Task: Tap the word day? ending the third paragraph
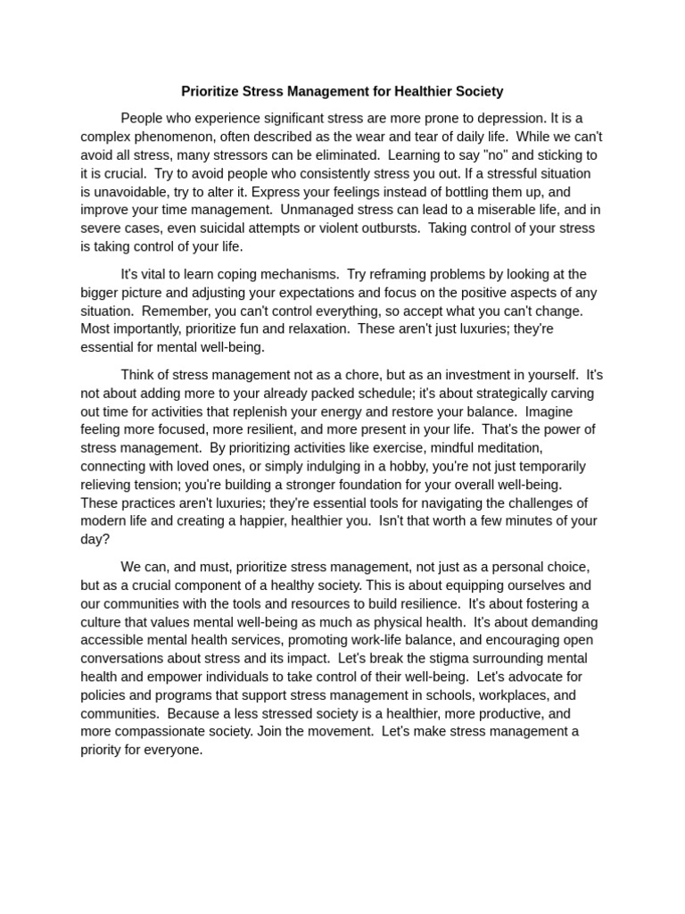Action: tap(95, 539)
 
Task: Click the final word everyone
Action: tap(174, 750)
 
